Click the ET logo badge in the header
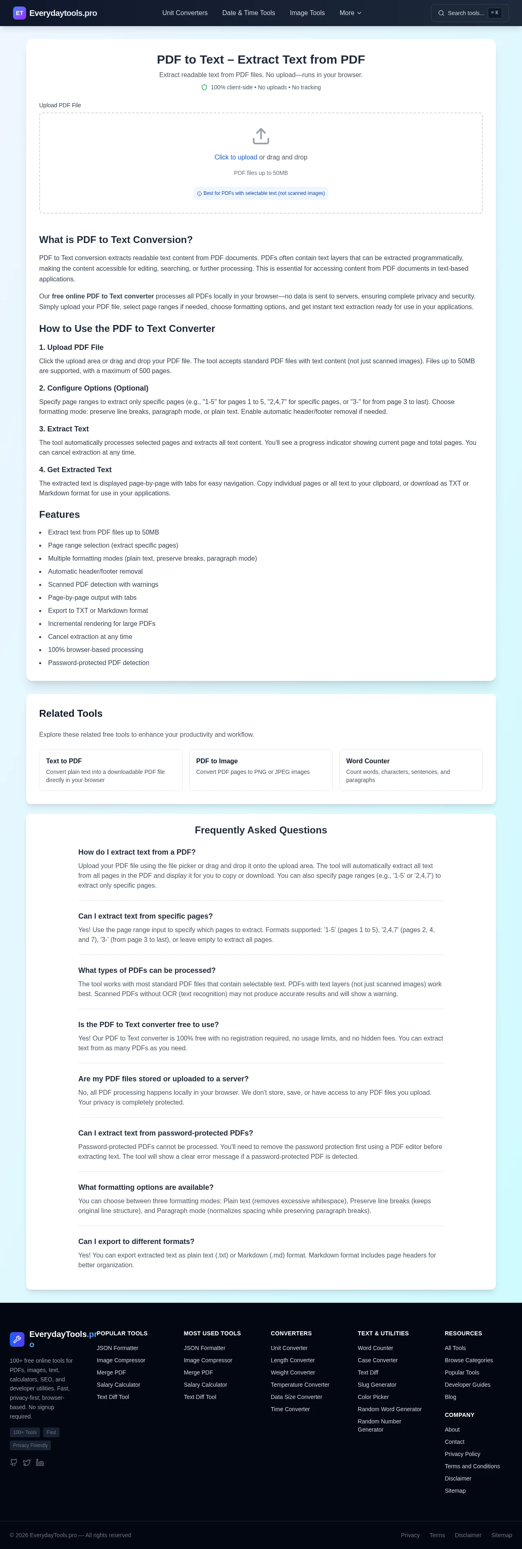coord(19,13)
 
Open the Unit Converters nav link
coord(185,13)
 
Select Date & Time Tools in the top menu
coord(248,13)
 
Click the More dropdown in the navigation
coord(350,13)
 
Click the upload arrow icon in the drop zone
coord(261,136)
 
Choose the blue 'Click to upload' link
coord(236,157)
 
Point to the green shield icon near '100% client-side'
coord(204,87)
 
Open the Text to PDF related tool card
coord(111,770)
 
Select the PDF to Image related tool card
coord(261,770)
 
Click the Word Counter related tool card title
coord(367,761)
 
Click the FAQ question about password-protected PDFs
coord(166,1133)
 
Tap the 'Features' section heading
coord(60,514)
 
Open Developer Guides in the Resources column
coord(467,1384)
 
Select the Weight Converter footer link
coord(292,1372)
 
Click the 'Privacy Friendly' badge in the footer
coord(30,1445)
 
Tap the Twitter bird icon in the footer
coord(27,1463)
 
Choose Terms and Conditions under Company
coord(472,1466)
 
